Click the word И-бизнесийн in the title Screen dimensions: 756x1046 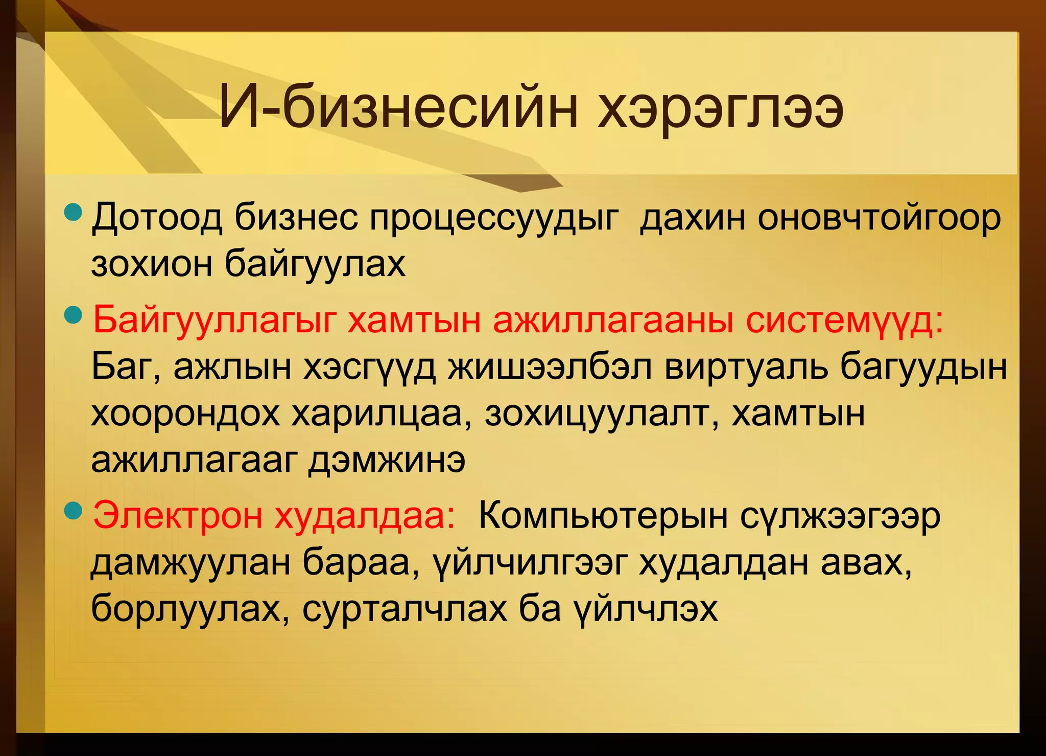(x=398, y=109)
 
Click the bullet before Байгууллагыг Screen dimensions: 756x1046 (x=75, y=315)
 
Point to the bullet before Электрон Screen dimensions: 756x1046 (x=75, y=510)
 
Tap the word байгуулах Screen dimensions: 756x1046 (x=315, y=265)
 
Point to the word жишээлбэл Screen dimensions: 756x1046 (x=550, y=367)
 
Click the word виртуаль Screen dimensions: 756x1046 (x=746, y=367)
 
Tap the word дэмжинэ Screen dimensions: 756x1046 (x=387, y=460)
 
